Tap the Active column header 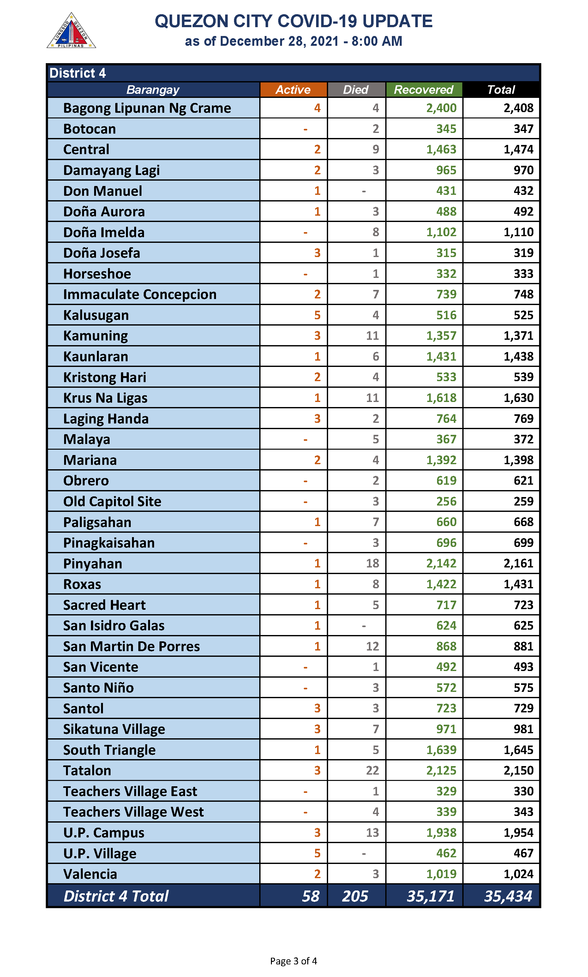coord(293,90)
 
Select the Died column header coord(356,90)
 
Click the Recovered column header coord(423,90)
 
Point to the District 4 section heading coord(78,73)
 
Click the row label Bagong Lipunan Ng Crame coord(147,108)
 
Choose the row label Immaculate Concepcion coord(140,294)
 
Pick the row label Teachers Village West coord(134,812)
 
